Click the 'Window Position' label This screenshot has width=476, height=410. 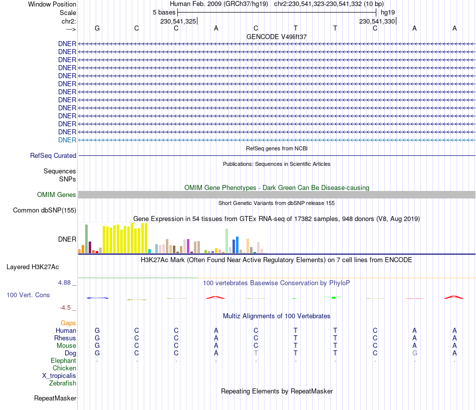pos(52,4)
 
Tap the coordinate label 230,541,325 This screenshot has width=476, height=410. pos(178,21)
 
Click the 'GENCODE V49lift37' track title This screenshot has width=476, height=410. pos(277,37)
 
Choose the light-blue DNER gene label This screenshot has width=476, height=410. pos(67,140)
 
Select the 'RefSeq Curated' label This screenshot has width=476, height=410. pos(53,156)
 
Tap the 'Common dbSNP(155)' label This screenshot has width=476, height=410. pos(44,211)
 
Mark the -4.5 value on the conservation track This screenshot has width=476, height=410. pos(66,308)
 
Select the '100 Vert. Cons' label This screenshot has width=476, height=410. pos(28,295)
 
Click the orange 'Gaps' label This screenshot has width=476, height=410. pos(68,323)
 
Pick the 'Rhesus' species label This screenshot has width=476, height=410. pos(65,338)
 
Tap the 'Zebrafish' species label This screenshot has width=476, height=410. pos(63,383)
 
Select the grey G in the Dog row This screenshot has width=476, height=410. pos(414,353)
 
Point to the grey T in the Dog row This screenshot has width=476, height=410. pos(256,353)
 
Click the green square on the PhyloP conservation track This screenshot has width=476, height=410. pos(333,298)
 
